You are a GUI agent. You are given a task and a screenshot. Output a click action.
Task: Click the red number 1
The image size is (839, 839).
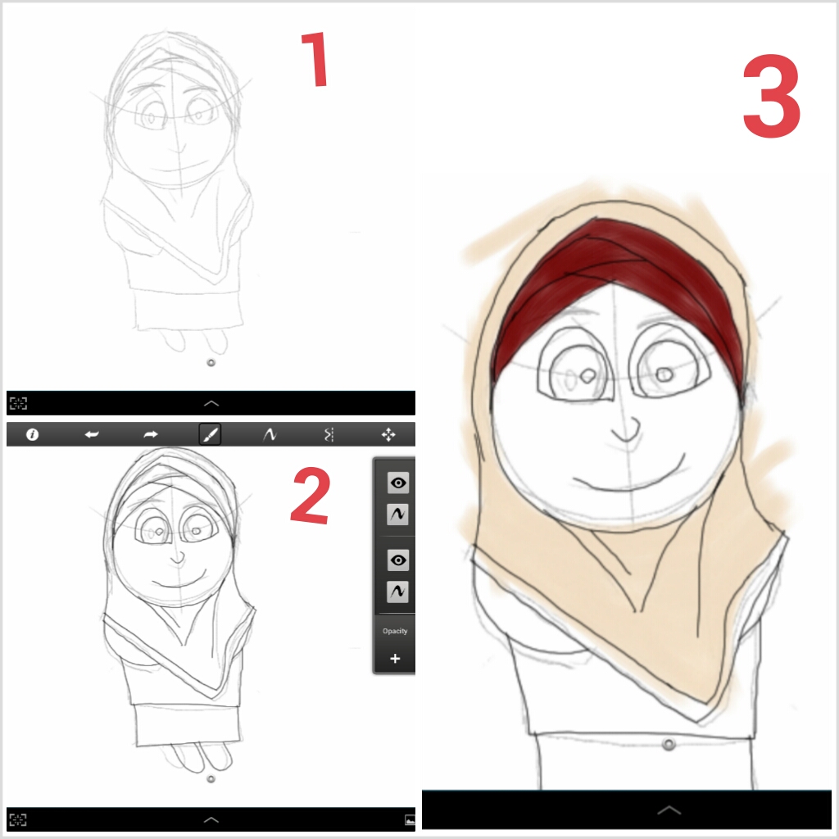click(x=315, y=59)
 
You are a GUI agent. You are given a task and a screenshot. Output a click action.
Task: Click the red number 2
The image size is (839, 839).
click(x=311, y=496)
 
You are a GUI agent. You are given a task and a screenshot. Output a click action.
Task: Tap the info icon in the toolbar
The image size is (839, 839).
click(x=32, y=434)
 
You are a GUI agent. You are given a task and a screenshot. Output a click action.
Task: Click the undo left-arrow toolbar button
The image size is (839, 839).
click(x=92, y=434)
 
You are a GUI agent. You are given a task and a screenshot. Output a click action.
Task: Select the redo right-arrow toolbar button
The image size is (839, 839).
click(x=151, y=434)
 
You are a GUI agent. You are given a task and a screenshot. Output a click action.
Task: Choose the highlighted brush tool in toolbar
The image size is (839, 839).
click(x=210, y=434)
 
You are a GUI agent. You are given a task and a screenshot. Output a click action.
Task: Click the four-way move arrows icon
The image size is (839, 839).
click(x=388, y=434)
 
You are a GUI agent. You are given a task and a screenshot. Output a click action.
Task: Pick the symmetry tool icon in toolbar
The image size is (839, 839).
click(x=329, y=434)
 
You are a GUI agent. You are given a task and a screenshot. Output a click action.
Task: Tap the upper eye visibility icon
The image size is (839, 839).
click(x=397, y=483)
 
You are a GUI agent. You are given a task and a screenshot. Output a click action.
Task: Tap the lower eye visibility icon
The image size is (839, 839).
click(x=397, y=560)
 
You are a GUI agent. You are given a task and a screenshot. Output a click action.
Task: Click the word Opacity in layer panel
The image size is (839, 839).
click(x=395, y=631)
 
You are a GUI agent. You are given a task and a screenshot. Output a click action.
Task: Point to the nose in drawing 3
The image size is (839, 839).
click(x=627, y=429)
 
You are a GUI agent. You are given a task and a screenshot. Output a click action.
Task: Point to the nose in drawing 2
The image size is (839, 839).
click(x=178, y=558)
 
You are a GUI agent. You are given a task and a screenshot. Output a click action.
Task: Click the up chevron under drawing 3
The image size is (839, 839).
click(x=669, y=810)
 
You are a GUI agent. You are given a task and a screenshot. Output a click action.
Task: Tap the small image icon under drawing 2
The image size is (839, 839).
click(x=410, y=819)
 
